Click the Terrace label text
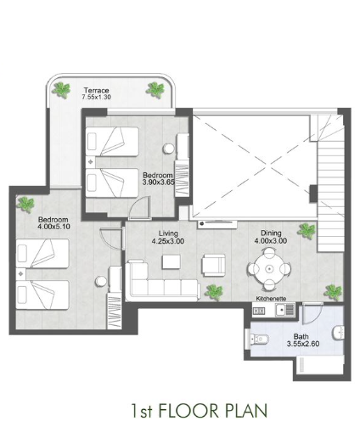pos(96,91)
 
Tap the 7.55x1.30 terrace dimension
pos(96,97)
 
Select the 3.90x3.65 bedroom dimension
pos(158,182)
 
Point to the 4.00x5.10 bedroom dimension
pos(53,227)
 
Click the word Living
pos(168,233)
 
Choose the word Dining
pos(271,233)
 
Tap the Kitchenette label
pos(271,299)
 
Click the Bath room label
pos(301,337)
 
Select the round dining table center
pos(269,268)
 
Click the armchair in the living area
pos(214,265)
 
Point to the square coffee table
pos(172,262)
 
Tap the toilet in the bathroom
pos(259,339)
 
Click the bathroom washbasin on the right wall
pos(339,333)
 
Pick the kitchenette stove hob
pos(259,312)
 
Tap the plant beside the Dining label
pos(306,230)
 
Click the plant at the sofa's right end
pos(214,292)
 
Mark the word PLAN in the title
pos(246,411)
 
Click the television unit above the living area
pos(217,224)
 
